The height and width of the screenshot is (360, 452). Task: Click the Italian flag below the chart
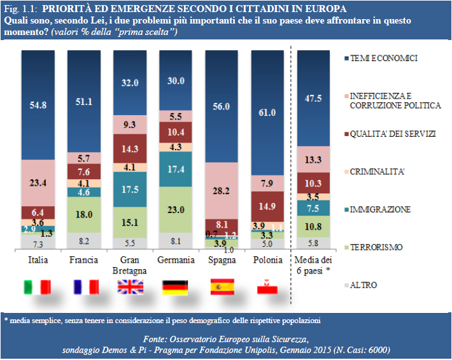(x=38, y=287)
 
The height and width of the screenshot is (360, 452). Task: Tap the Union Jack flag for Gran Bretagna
(x=129, y=287)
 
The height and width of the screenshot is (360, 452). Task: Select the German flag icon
(x=175, y=287)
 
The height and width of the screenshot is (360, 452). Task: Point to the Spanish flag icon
(x=222, y=287)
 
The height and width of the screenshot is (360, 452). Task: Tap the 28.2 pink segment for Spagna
(x=222, y=190)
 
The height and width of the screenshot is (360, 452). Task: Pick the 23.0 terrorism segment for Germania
(x=176, y=209)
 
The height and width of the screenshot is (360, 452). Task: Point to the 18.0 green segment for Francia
(x=84, y=214)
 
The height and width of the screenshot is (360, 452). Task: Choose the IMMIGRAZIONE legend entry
(x=380, y=209)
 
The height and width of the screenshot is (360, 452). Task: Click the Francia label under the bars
(x=84, y=259)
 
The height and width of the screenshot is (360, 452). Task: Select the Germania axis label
(x=176, y=259)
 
